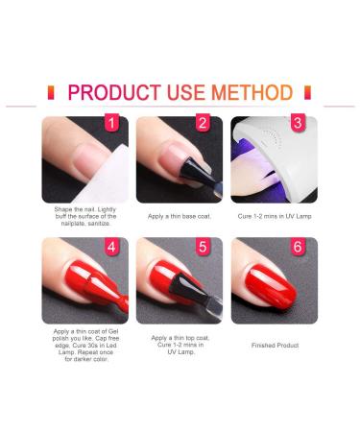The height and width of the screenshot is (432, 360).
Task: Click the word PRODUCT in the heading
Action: coord(114,92)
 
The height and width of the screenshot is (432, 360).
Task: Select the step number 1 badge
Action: coord(111,123)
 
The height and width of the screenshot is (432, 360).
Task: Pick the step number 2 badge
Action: coord(203,123)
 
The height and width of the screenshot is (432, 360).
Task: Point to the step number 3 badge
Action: coord(298,123)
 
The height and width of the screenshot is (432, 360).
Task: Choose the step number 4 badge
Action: coord(111,247)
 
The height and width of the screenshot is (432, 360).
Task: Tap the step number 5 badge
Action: coord(203,247)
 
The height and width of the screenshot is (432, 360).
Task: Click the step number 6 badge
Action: coord(298,247)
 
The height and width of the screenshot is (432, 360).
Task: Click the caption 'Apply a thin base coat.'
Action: coord(180,216)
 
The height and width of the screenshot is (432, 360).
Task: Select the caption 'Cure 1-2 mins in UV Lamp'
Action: coord(275,216)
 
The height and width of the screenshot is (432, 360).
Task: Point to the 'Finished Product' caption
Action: coord(275,346)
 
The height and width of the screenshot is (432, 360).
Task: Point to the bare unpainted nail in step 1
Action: coord(88,160)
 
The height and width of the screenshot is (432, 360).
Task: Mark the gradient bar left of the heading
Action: coord(51,92)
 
